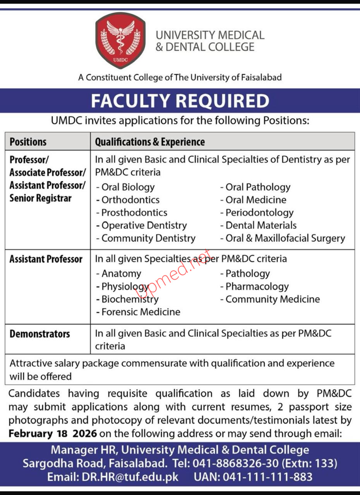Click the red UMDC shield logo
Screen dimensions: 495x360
point(120,41)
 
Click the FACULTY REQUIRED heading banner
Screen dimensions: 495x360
point(180,101)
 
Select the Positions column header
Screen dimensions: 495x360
point(28,142)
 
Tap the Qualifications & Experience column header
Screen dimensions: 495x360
point(150,142)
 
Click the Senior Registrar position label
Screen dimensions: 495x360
point(41,198)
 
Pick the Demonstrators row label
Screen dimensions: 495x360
point(40,334)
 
